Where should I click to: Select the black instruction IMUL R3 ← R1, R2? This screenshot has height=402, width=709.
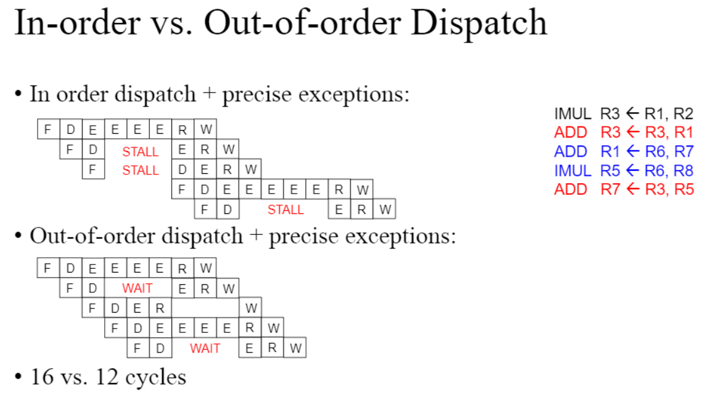(623, 113)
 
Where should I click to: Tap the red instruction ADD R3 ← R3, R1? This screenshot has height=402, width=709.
(623, 132)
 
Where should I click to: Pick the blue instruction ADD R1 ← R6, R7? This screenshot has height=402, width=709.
(623, 151)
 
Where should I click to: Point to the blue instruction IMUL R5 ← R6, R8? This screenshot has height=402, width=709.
(623, 170)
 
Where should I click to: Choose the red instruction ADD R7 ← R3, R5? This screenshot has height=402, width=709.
(623, 189)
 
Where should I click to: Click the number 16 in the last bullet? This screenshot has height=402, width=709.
(42, 377)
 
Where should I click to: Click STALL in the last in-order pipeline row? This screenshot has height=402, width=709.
(285, 210)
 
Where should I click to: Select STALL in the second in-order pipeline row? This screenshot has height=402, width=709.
(140, 152)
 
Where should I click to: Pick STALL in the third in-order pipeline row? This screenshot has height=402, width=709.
(140, 170)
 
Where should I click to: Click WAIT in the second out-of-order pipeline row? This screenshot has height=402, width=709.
(137, 289)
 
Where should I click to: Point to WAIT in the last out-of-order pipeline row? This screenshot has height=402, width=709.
(205, 348)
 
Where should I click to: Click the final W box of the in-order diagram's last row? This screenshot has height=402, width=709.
(385, 210)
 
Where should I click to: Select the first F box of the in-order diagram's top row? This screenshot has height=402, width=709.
(47, 130)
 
